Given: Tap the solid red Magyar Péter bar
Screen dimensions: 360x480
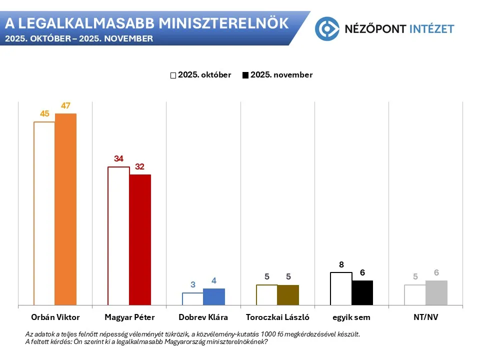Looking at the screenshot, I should (140, 239).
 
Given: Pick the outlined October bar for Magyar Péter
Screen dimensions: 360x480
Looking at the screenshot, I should (118, 235).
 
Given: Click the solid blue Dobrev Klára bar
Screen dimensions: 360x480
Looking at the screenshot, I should (214, 296).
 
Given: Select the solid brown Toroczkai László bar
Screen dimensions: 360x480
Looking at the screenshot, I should (288, 295).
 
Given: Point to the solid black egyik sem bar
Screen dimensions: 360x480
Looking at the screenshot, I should (362, 292).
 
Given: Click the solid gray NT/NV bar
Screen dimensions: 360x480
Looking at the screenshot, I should (436, 292).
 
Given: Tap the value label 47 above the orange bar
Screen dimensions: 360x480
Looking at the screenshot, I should (65, 105).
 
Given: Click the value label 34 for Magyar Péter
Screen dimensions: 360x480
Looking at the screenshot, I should (118, 158).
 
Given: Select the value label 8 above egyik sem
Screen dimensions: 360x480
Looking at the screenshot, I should (341, 264).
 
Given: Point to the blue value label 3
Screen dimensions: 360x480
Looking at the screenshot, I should (192, 284).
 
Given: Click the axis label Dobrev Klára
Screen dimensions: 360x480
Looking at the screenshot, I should (203, 317).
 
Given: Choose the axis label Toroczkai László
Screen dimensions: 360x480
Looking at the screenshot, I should (277, 317).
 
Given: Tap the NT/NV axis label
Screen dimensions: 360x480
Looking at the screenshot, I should (426, 317).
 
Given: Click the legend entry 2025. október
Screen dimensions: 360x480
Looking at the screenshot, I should (204, 75).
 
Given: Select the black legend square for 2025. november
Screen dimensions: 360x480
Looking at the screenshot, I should (245, 75).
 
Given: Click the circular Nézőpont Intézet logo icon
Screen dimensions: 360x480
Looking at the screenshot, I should (327, 28).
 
